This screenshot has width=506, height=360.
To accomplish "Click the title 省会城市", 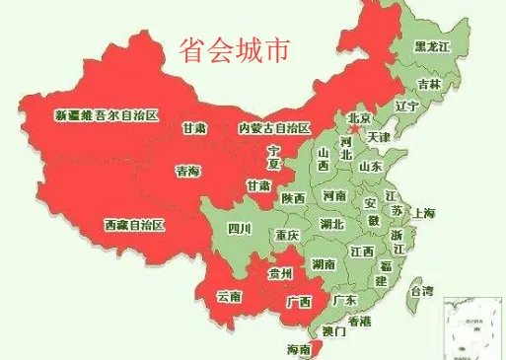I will [235, 50].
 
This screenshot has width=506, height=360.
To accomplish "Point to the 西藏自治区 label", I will [134, 225].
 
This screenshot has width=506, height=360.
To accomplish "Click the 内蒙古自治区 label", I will [274, 128].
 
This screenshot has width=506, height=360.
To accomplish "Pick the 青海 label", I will [187, 172].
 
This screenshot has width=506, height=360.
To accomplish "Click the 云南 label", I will [229, 295].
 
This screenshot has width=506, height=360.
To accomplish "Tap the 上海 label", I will [425, 213].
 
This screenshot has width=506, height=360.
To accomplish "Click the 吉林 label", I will [428, 84].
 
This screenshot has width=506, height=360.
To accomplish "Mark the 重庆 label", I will [287, 237].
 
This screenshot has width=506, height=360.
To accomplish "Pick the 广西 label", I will [298, 302].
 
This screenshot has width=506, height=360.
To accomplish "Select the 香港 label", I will [360, 322].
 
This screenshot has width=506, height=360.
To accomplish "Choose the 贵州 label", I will [281, 273].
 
